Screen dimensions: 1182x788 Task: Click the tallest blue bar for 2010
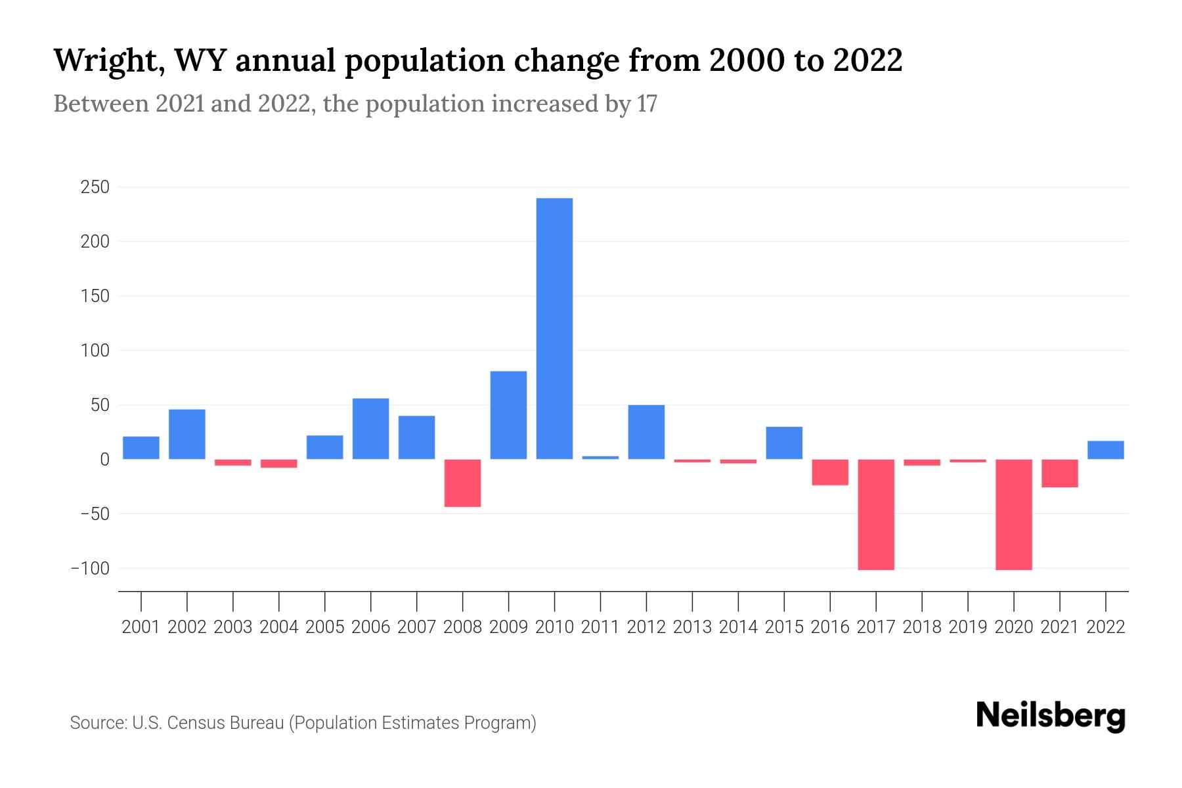[x=554, y=328]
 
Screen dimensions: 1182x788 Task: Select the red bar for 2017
[x=876, y=514]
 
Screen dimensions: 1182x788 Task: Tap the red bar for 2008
[x=462, y=483]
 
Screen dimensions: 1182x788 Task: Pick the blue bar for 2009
[x=508, y=415]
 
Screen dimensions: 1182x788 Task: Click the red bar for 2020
[x=1013, y=514]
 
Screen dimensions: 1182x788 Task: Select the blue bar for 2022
[x=1105, y=450]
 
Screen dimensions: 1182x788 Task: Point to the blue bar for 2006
[x=370, y=428]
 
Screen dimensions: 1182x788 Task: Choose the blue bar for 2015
[x=784, y=443]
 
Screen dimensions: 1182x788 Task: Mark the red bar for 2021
[x=1059, y=473]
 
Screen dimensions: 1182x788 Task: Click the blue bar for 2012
[x=646, y=431]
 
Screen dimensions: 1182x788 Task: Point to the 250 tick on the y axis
[x=95, y=188]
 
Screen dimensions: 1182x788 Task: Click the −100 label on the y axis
[x=91, y=568]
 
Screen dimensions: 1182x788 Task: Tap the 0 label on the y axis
[x=104, y=460]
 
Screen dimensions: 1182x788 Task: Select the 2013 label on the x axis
[x=692, y=627]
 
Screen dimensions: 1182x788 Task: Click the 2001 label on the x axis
[x=141, y=627]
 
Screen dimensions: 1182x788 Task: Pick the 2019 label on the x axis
[x=967, y=627]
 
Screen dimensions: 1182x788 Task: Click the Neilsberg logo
[x=1051, y=716]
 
